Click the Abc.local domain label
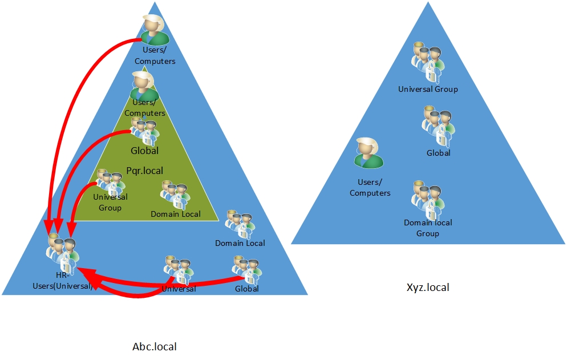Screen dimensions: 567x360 155,347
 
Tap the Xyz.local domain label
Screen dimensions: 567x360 428,288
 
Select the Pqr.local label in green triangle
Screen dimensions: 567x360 145,171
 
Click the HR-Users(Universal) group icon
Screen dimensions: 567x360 63,252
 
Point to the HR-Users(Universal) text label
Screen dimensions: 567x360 63,280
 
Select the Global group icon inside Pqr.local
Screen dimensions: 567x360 145,131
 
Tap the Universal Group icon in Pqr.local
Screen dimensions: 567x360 111,181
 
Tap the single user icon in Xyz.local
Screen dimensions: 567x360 368,153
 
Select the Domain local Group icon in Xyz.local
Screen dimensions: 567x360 428,200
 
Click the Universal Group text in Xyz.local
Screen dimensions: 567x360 428,89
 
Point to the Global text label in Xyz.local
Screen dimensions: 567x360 438,153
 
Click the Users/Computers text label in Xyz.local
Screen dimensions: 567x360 370,188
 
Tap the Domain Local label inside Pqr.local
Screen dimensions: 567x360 175,214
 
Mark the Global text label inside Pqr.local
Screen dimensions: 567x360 145,151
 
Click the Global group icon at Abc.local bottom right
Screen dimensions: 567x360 247,270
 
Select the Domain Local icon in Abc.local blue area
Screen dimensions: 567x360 240,224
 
